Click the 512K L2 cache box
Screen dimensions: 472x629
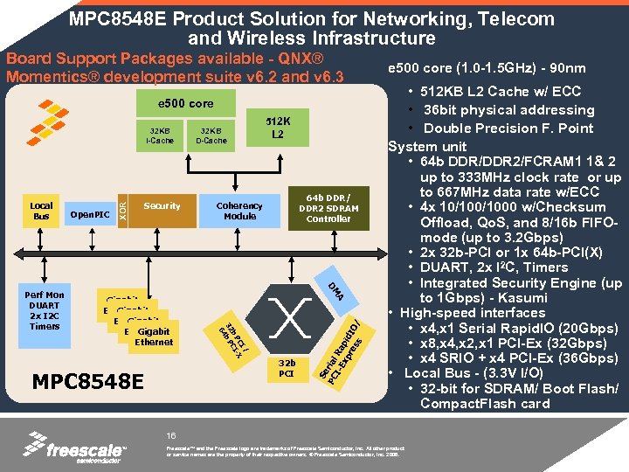[278, 128]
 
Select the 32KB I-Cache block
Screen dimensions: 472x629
[159, 135]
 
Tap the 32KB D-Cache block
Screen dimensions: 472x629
[211, 135]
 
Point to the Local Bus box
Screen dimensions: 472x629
[41, 211]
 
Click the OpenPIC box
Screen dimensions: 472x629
[89, 212]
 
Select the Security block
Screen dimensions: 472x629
[162, 206]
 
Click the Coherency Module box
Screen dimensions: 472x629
[239, 211]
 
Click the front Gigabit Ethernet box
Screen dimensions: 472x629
[154, 337]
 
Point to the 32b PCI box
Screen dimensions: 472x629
[286, 366]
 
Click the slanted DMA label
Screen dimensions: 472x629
[335, 292]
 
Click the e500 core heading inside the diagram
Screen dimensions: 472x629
[185, 104]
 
